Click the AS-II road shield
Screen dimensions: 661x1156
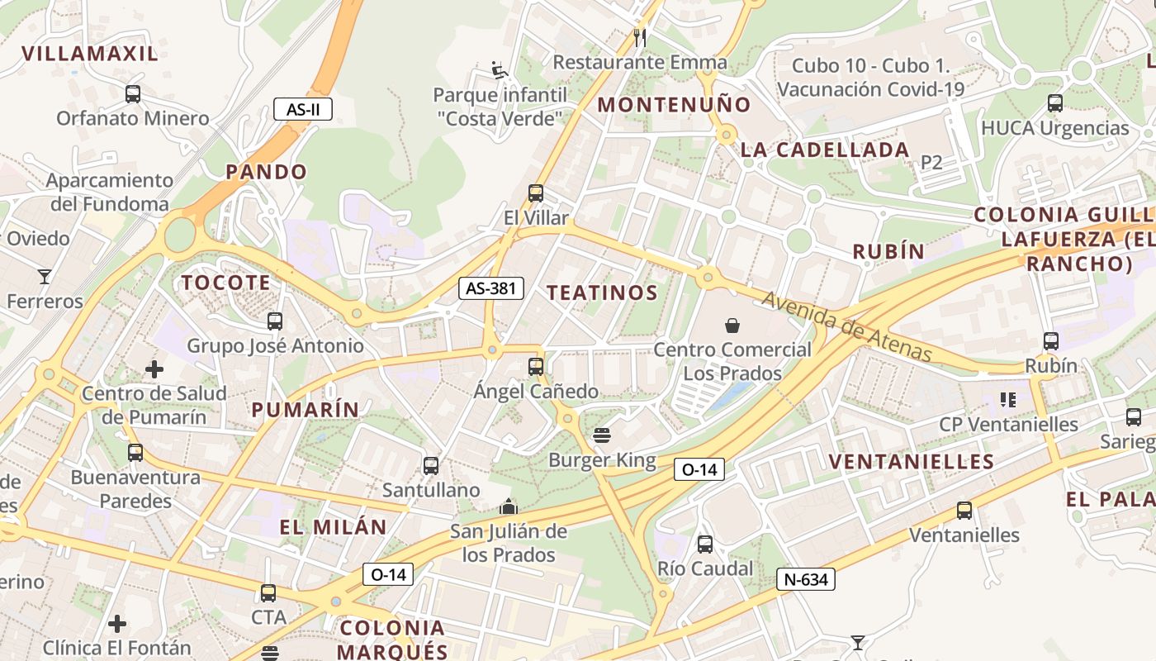coord(303,108)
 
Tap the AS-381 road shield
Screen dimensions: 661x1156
coord(491,288)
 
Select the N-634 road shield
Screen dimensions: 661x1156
coord(806,579)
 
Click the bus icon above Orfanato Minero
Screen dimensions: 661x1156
coord(133,94)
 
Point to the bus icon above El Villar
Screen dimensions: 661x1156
coord(536,193)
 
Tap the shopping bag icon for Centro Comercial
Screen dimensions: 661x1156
coord(732,326)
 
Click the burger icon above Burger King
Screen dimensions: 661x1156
coord(602,435)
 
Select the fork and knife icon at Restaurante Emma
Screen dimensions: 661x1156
coord(639,37)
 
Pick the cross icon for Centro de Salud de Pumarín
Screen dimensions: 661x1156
coord(154,369)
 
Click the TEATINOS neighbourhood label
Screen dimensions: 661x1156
coord(603,292)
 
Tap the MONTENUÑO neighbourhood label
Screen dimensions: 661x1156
coord(674,105)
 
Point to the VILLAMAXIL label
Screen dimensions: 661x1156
coord(89,54)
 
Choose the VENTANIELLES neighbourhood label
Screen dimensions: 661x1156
coord(912,461)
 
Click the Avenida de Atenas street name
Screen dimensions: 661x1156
coord(847,327)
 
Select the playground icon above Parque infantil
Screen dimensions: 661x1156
coord(500,70)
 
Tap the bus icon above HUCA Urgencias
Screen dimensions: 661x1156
coord(1054,103)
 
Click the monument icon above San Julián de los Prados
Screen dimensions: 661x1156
coord(509,506)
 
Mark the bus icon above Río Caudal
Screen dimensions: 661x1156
coord(704,544)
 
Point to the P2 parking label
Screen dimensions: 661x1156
coord(931,162)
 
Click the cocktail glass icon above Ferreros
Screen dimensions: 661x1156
coord(45,276)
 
